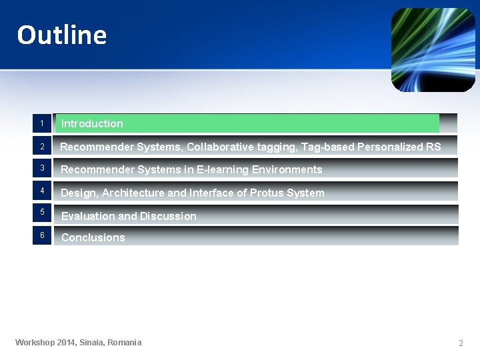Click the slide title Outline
[x=61, y=35]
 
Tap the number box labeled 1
[x=41, y=123]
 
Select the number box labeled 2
[x=41, y=147]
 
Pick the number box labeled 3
[x=41, y=168]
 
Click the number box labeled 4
[x=41, y=191]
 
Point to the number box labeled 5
[x=41, y=213]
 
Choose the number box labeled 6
[x=41, y=235]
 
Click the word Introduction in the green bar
[x=92, y=123]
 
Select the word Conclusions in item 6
[x=93, y=237]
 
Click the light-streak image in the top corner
[x=433, y=49]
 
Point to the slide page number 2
[x=460, y=343]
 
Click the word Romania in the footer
[x=125, y=343]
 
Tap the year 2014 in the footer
[x=65, y=343]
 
